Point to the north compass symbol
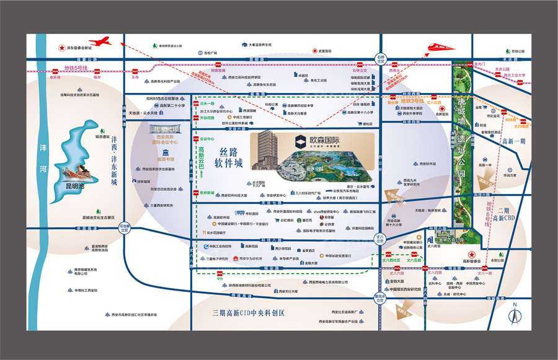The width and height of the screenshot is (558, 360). (x=513, y=316)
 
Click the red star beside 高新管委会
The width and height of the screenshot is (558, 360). (x=472, y=254)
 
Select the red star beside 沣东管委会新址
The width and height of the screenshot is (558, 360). (x=61, y=48)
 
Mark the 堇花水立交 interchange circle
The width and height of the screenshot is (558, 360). (x=381, y=297)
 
